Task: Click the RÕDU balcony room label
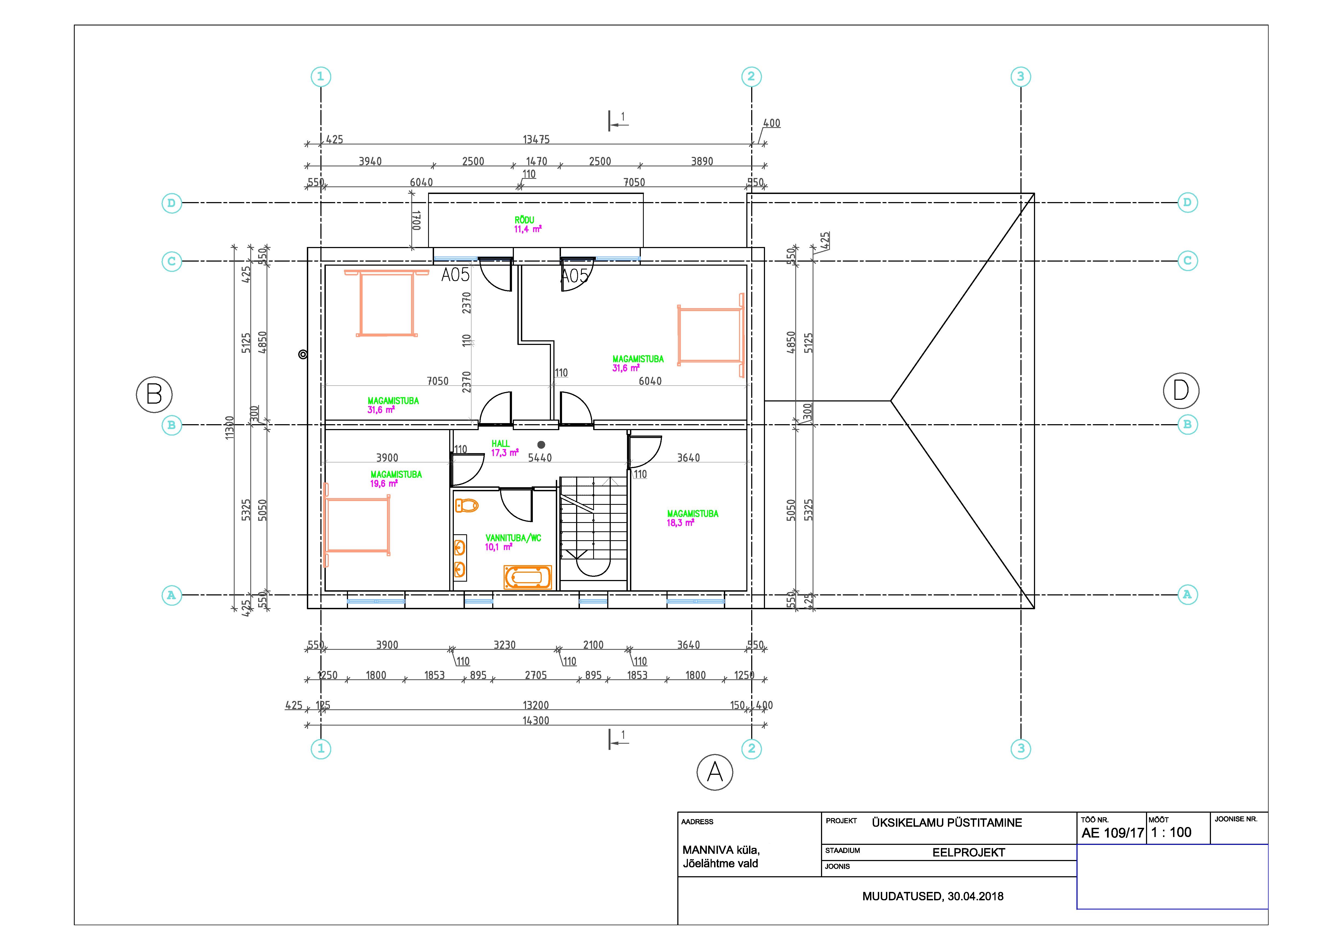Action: click(x=524, y=220)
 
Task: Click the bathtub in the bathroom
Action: click(x=528, y=577)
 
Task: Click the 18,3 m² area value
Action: click(x=680, y=523)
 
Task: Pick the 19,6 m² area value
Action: click(x=384, y=484)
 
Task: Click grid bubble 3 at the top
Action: click(x=1021, y=77)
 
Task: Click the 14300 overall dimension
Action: click(x=536, y=720)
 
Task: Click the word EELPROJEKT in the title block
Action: click(x=969, y=852)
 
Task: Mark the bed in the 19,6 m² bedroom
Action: click(x=357, y=525)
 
